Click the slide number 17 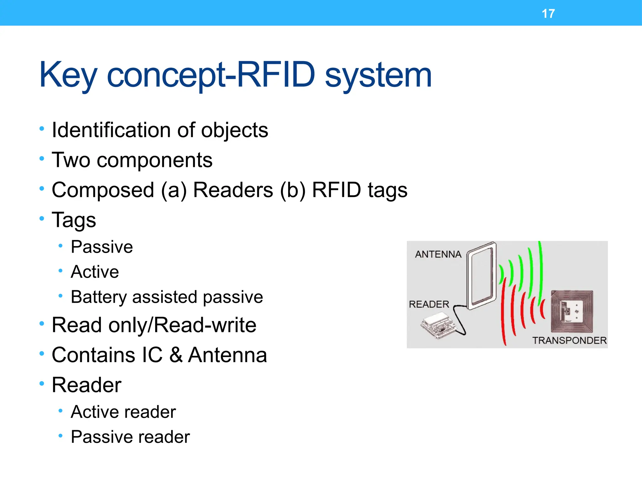[x=548, y=14]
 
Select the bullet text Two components [x=132, y=160]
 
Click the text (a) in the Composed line [x=174, y=190]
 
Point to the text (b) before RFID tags [x=292, y=190]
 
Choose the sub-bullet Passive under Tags [x=102, y=247]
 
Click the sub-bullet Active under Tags [x=95, y=272]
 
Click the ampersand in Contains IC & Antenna [x=176, y=355]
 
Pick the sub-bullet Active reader [x=123, y=412]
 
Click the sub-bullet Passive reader [x=130, y=437]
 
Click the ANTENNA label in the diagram [x=438, y=254]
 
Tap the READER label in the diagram [x=429, y=304]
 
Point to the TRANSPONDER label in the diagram [x=569, y=340]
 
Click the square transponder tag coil [x=572, y=311]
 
